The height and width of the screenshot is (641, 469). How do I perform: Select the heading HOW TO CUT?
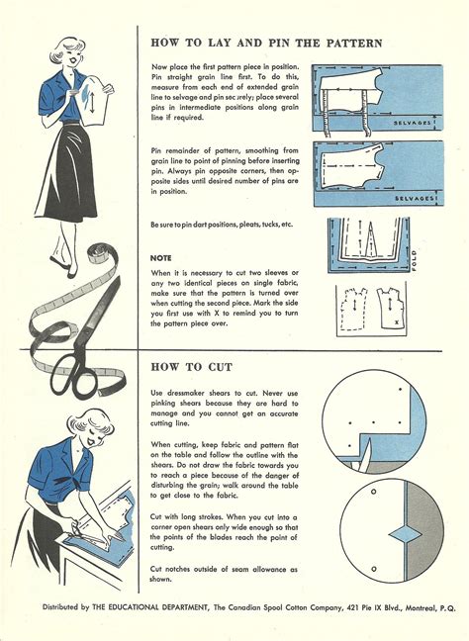click(191, 367)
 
